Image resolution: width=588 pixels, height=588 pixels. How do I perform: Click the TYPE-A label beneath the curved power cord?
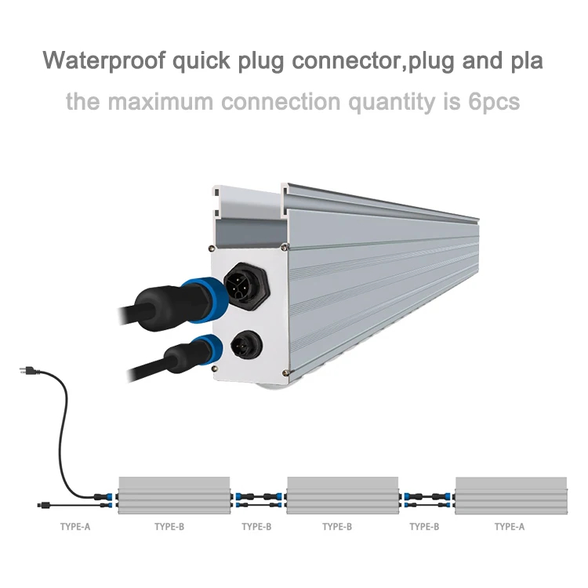click(x=75, y=527)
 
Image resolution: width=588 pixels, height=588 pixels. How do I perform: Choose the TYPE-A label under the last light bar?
click(x=510, y=527)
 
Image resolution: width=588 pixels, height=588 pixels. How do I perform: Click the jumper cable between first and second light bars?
click(x=258, y=496)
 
